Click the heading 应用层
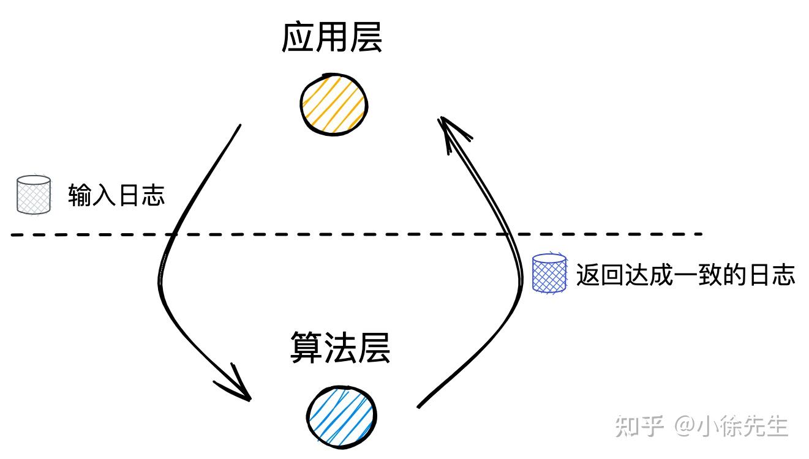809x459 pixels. pos(332,39)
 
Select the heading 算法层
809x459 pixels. pos(340,348)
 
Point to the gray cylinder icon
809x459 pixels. pos(34,195)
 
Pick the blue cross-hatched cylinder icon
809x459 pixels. pos(549,274)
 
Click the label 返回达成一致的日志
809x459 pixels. pos(685,275)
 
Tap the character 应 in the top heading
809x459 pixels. pos(298,39)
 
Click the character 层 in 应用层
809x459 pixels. pos(366,39)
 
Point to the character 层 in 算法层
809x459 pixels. pos(374,348)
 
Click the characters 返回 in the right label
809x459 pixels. pos(600,275)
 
